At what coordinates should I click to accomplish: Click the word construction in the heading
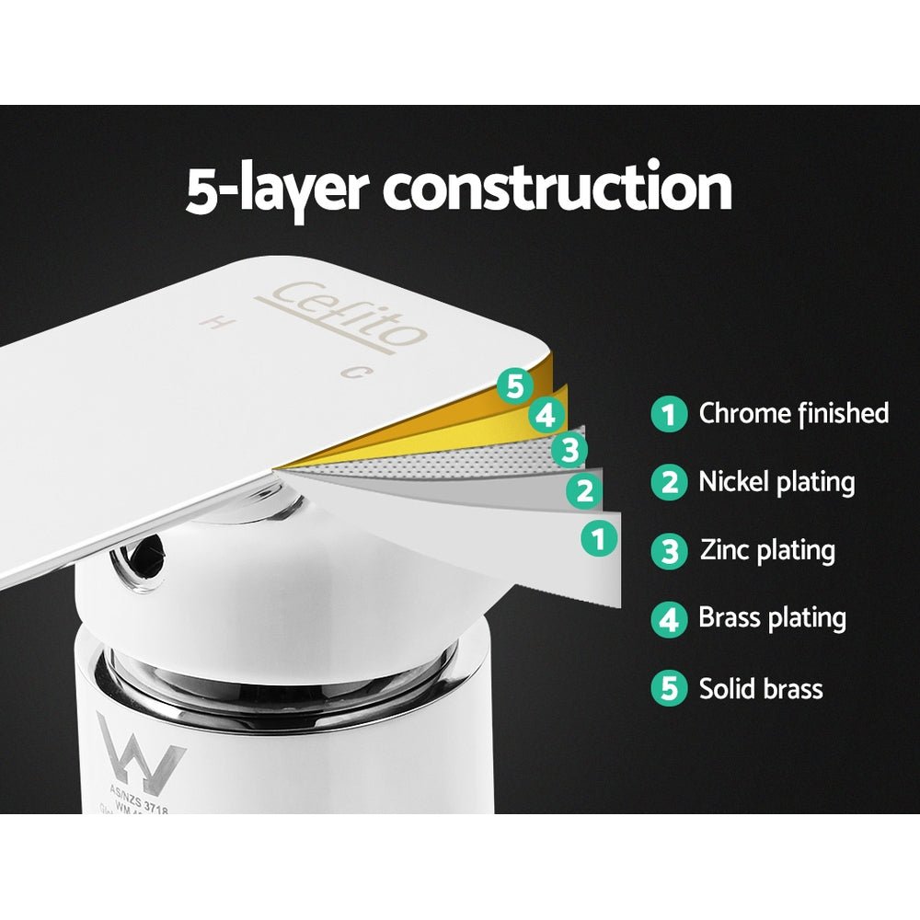tap(558, 188)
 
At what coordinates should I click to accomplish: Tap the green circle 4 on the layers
tap(547, 416)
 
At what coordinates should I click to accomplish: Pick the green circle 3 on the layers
tap(569, 450)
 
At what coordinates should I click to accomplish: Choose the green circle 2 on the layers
tap(583, 490)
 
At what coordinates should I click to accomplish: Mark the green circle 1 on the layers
tap(600, 536)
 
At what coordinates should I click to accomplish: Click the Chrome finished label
tap(793, 413)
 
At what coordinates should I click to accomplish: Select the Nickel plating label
tap(776, 481)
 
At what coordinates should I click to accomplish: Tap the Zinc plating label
tap(767, 551)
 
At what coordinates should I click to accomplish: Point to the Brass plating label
tap(772, 618)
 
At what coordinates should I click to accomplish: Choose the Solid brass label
tap(761, 688)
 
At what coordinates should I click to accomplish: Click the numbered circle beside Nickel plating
tap(669, 482)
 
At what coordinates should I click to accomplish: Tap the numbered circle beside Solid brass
tap(669, 688)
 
